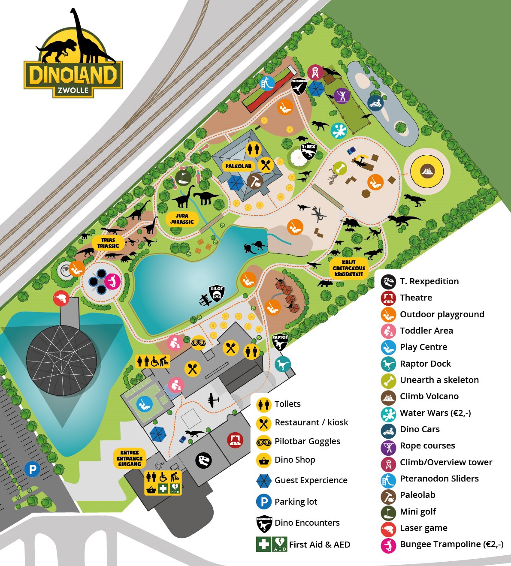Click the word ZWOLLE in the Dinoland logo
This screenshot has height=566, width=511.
pyautogui.click(x=73, y=90)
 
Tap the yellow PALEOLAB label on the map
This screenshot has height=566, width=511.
pyautogui.click(x=239, y=166)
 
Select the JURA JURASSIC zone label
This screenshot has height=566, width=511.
pyautogui.click(x=182, y=219)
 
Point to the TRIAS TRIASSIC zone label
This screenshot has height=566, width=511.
pyautogui.click(x=108, y=243)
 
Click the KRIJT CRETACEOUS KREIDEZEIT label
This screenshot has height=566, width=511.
pyautogui.click(x=349, y=268)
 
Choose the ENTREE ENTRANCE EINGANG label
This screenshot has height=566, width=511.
pyautogui.click(x=130, y=458)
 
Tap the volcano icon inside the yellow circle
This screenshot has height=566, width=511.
pyautogui.click(x=427, y=171)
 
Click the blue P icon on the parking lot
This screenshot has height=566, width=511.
pyautogui.click(x=32, y=469)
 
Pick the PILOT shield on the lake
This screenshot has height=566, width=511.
pyautogui.click(x=217, y=293)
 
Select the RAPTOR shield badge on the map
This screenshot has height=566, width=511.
pyautogui.click(x=280, y=342)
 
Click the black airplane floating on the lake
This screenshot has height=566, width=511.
pyautogui.click(x=205, y=299)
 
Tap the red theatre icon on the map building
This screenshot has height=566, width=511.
pyautogui.click(x=235, y=440)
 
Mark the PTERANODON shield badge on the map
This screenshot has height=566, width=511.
pyautogui.click(x=299, y=86)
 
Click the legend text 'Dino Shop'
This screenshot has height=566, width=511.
pyautogui.click(x=295, y=460)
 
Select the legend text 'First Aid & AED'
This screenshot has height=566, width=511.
pyautogui.click(x=320, y=545)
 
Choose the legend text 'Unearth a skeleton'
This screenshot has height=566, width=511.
pyautogui.click(x=439, y=380)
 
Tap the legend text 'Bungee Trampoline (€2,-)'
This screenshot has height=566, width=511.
pyautogui.click(x=451, y=544)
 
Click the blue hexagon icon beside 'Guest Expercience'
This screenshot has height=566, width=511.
pyautogui.click(x=263, y=481)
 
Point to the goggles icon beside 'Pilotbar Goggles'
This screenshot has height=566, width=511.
pyautogui.click(x=263, y=442)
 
